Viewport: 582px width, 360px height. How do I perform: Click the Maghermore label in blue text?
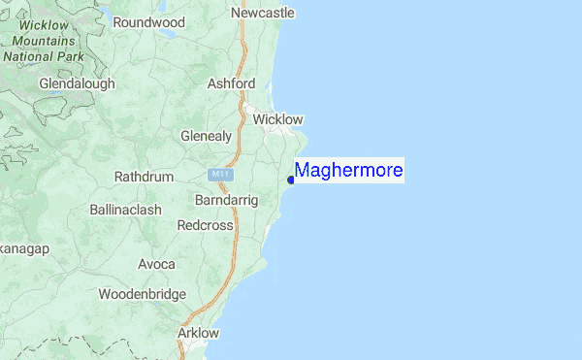click(x=349, y=171)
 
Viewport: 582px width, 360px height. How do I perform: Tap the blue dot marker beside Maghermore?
click(x=291, y=180)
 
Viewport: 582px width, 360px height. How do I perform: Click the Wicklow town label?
click(x=277, y=119)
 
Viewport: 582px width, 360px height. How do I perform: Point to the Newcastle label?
click(x=262, y=13)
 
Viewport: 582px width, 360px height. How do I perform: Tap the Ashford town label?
click(x=231, y=84)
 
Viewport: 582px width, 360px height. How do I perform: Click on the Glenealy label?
click(x=206, y=136)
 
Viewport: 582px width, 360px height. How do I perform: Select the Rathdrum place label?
click(x=144, y=178)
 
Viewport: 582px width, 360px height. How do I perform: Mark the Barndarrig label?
click(x=226, y=199)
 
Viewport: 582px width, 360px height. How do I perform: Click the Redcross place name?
click(x=206, y=225)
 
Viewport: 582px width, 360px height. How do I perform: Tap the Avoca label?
click(x=156, y=264)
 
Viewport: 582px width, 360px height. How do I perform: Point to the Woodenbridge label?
click(x=142, y=293)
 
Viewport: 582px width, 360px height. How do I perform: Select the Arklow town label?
click(x=199, y=333)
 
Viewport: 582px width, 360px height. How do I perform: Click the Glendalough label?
click(x=77, y=83)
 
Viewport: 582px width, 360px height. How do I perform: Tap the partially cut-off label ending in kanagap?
click(x=24, y=249)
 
